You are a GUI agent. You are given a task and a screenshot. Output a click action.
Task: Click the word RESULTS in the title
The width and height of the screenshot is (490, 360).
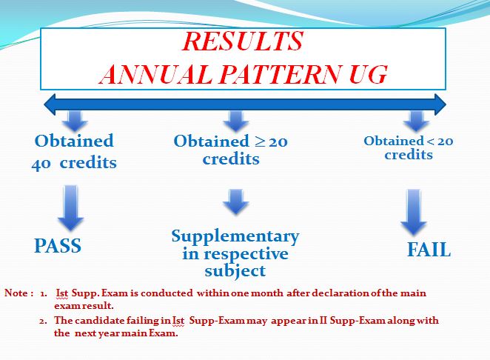point(243,41)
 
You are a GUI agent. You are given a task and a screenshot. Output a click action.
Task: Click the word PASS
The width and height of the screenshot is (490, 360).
point(58,245)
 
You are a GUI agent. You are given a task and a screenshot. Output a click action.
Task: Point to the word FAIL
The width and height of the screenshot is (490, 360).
point(429,250)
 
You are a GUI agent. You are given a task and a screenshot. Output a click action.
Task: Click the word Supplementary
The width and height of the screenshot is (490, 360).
point(235,237)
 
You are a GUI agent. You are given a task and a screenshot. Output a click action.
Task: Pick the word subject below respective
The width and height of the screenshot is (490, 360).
point(235,271)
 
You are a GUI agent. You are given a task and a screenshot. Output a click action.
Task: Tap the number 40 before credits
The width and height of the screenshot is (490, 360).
point(41,164)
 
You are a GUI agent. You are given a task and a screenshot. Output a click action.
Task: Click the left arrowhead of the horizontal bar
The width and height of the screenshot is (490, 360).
point(50,104)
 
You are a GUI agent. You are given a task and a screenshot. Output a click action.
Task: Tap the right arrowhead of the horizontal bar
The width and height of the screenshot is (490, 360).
point(440,104)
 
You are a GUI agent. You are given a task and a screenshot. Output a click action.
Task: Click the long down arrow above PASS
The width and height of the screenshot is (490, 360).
point(70,207)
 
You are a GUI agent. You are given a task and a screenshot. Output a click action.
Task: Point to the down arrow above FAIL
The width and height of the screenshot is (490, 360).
point(414,212)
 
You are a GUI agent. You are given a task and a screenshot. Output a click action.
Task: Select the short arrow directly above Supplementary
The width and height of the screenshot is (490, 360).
point(236,201)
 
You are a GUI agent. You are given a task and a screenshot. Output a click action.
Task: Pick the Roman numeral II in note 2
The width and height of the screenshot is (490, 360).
point(323,320)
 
